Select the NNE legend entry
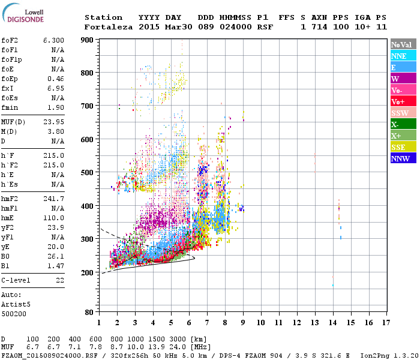(403, 56)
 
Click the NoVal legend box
(403, 44)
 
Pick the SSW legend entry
(403, 113)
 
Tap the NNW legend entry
(403, 158)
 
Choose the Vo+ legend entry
(403, 101)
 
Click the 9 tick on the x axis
(243, 322)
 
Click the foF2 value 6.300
(53, 40)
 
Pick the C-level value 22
(60, 280)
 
